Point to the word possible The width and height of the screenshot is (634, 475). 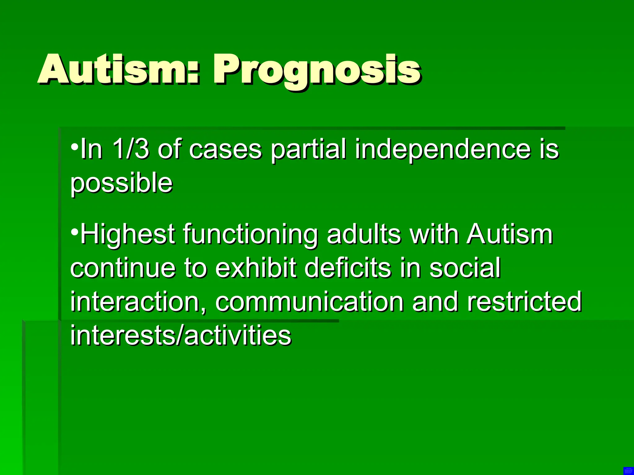tap(121, 183)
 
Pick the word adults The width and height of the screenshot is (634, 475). tap(364, 234)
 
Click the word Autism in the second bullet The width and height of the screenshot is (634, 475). tap(510, 234)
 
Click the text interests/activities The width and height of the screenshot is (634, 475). tap(181, 335)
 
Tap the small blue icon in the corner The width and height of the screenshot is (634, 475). tap(628, 470)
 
